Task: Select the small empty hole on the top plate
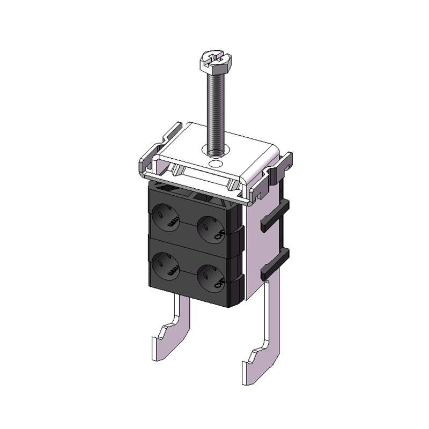216,162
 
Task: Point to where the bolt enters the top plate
216,150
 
